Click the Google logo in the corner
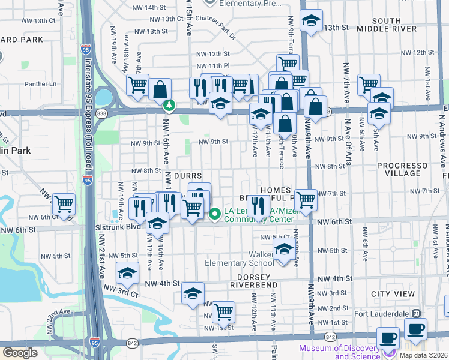coord(20,353)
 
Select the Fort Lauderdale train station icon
coord(415,314)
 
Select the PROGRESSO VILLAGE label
coord(403,169)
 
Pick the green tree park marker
coord(170,106)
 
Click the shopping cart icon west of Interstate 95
coord(64,204)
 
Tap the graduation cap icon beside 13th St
coord(311,21)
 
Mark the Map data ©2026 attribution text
coord(423,355)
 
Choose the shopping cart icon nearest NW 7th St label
coord(306,199)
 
